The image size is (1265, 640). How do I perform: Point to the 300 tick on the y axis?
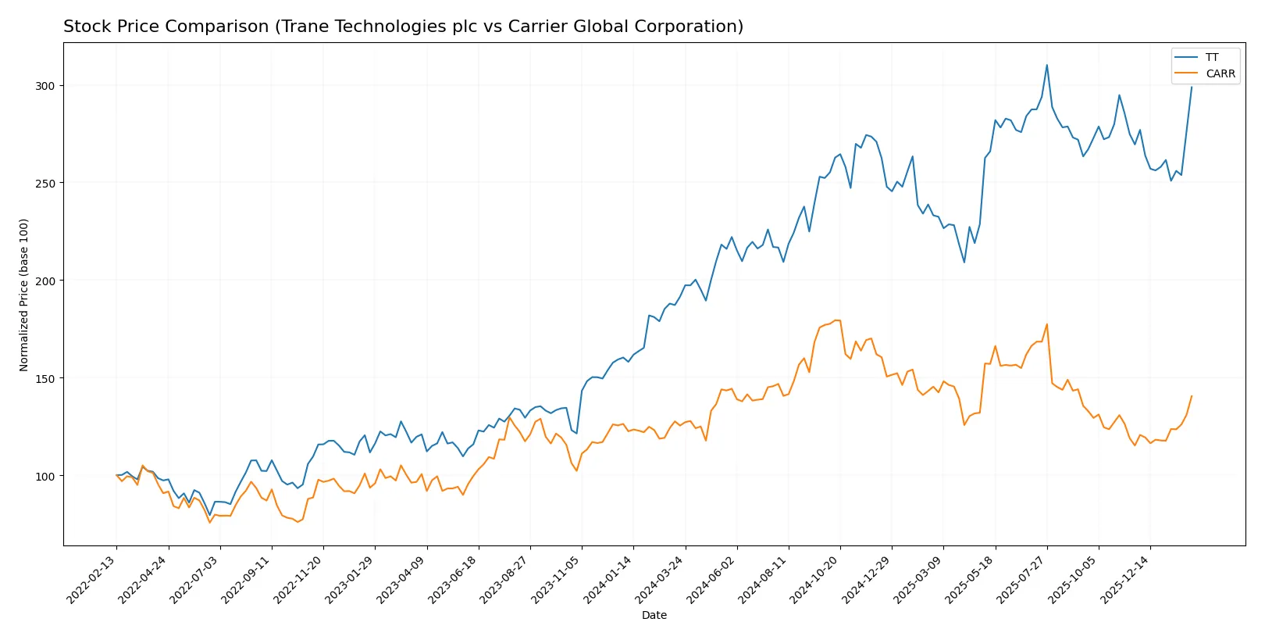(x=45, y=86)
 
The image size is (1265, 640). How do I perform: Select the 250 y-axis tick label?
(x=45, y=183)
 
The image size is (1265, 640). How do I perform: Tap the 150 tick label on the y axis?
(x=45, y=378)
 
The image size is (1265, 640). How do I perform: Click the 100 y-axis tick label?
(x=45, y=476)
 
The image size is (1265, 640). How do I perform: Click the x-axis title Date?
(x=654, y=615)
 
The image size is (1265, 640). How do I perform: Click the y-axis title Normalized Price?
(x=24, y=295)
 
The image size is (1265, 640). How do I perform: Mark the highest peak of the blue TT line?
(x=1047, y=65)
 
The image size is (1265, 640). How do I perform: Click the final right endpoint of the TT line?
(x=1192, y=87)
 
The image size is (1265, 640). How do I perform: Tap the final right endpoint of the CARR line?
(x=1192, y=396)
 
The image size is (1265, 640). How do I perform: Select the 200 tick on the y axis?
(x=45, y=281)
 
